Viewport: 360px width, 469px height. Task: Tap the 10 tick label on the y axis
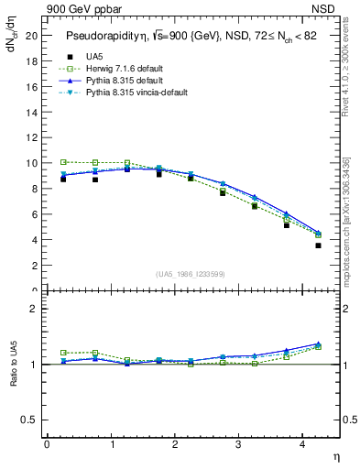pos(32,163)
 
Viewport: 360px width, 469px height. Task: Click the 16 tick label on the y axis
pos(32,86)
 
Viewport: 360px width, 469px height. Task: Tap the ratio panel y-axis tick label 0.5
pos(29,420)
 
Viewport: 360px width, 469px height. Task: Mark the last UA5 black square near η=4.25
pos(318,245)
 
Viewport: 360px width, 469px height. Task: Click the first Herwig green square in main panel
pos(63,162)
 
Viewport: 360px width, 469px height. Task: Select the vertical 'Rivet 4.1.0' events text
pos(346,82)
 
